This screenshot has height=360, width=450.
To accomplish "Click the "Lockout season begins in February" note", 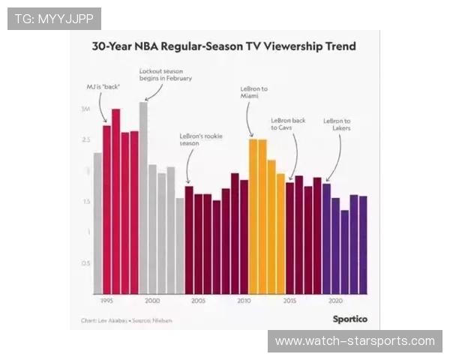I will coord(166,74).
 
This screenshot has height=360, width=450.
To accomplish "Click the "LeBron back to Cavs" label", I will coord(288,124).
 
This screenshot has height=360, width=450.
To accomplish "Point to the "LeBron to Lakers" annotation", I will coord(337,124).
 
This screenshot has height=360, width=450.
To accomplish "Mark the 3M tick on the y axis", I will coord(86,109).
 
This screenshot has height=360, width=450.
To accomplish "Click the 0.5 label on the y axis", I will coord(86,263).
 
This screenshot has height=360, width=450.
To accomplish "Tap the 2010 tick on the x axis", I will coord(244,300).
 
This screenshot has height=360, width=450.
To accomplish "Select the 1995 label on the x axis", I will coord(106,300).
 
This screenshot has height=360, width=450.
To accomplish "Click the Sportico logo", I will coord(349,318).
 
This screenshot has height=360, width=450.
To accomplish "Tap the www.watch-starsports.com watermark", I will coord(354,341).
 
